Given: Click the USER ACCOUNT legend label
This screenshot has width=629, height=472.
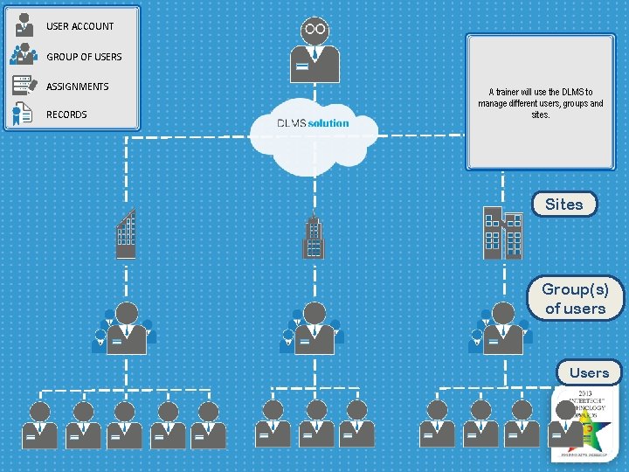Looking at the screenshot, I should (x=79, y=26).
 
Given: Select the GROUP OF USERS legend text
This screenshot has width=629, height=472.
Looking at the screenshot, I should (x=84, y=57).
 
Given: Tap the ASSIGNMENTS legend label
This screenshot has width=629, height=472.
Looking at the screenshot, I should (x=78, y=87).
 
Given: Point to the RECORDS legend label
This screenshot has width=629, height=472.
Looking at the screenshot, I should (x=66, y=115).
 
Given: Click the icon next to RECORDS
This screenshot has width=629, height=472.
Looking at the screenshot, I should (x=24, y=114).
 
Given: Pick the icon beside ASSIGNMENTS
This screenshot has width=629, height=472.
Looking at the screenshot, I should (x=24, y=86).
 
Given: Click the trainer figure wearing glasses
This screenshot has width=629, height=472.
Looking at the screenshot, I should (x=314, y=50).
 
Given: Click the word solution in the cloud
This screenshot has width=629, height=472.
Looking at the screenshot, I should (x=328, y=123).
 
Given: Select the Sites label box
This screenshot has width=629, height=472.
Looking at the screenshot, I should (x=564, y=205).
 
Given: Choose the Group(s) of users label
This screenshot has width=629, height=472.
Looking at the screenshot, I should (x=575, y=298).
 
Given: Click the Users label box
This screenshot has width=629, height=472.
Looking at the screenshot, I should (x=589, y=372).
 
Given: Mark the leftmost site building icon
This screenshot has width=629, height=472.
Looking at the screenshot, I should (x=127, y=233).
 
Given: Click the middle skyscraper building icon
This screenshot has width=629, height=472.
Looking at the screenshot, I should (x=314, y=238).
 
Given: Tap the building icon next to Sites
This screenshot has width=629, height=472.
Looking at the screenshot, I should (x=502, y=233).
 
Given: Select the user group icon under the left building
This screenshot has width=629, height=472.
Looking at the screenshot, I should (x=126, y=329).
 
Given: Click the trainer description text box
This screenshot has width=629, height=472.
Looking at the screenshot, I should (x=540, y=103).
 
